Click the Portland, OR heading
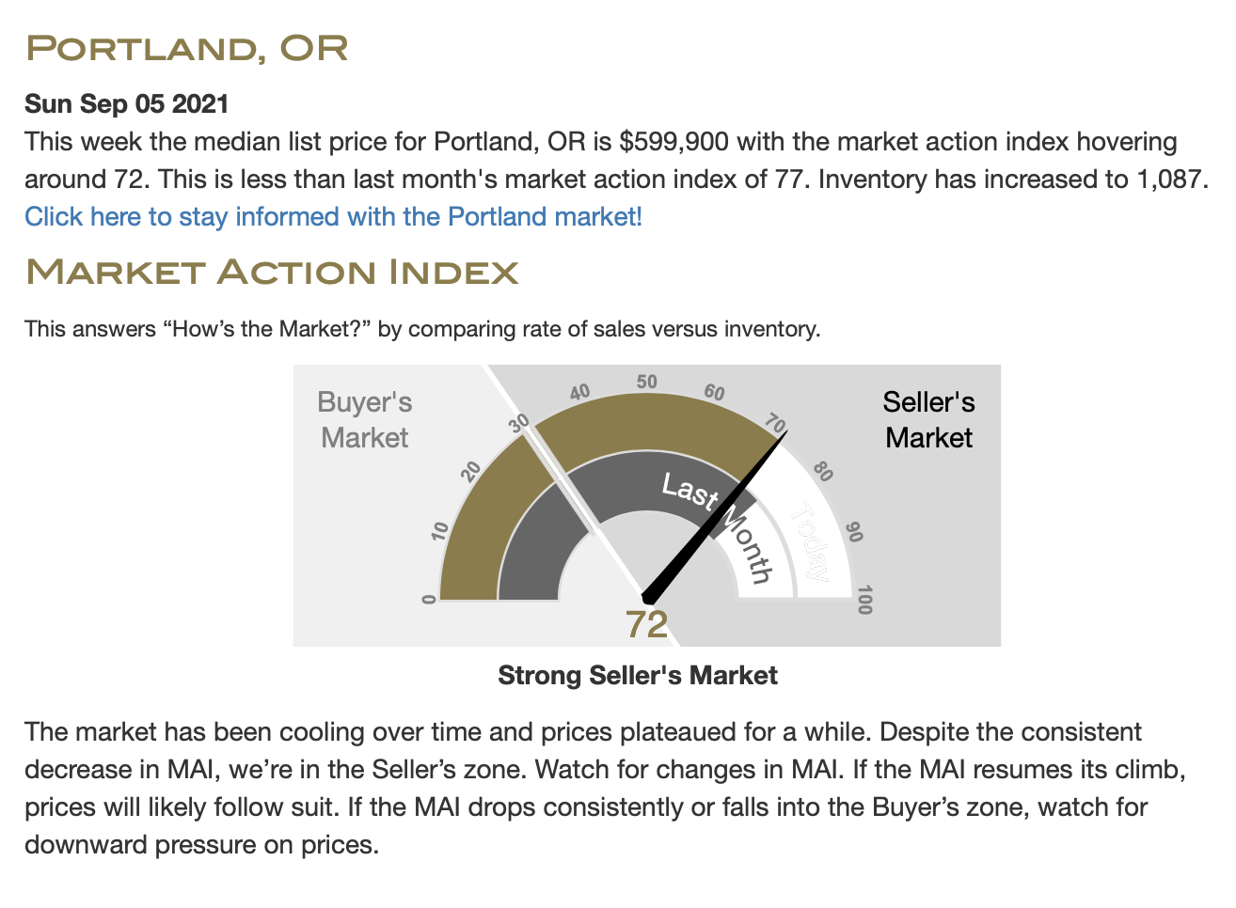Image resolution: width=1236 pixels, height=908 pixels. (187, 49)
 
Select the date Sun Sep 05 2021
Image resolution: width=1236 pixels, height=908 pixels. (126, 103)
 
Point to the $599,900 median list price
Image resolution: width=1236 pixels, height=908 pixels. (673, 142)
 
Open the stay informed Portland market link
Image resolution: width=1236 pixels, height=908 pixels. (333, 217)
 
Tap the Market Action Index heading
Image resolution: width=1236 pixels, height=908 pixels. (272, 273)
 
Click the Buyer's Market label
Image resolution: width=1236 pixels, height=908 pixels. (365, 420)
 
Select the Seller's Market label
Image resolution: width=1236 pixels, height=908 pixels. (928, 420)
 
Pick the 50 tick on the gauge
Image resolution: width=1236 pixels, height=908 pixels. (647, 382)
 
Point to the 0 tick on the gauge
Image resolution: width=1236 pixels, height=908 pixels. (429, 600)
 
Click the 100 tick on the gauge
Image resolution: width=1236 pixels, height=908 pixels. (864, 600)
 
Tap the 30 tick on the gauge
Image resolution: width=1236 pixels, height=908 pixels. (518, 424)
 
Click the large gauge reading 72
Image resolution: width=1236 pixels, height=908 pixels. (646, 625)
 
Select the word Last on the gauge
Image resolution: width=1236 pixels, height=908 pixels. (690, 490)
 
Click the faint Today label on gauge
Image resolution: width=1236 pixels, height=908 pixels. (810, 540)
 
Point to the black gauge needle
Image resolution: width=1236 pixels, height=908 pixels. (715, 517)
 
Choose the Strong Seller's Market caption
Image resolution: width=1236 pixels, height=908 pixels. (638, 675)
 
